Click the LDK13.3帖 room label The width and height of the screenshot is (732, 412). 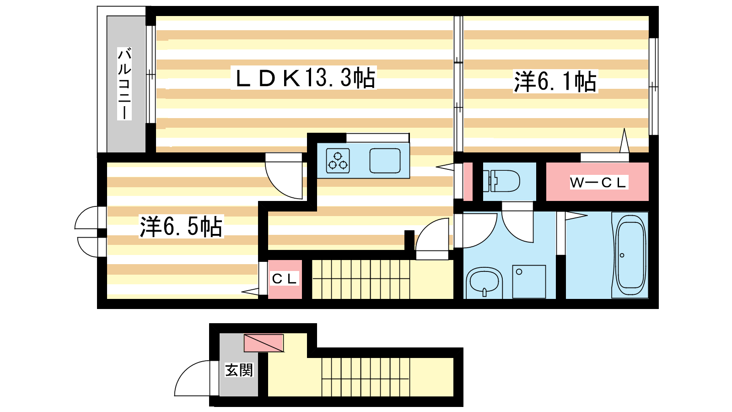click(304, 78)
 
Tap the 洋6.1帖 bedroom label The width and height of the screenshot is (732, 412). click(555, 81)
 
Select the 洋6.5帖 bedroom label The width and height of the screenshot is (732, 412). click(181, 226)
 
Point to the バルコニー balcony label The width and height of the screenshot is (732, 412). click(124, 83)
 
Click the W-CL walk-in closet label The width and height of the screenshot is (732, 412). click(598, 183)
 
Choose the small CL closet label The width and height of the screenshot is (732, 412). click(284, 279)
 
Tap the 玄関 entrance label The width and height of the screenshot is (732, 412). click(239, 370)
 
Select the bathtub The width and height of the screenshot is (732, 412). click(630, 255)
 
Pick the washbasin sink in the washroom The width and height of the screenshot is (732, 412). click(484, 282)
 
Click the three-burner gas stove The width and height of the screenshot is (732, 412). click(338, 161)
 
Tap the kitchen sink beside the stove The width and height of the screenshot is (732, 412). click(385, 161)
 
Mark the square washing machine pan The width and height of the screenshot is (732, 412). click(529, 282)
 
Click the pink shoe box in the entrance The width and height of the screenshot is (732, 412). click(264, 343)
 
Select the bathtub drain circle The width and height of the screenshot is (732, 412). click(622, 255)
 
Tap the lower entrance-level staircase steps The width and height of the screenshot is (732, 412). click(366, 377)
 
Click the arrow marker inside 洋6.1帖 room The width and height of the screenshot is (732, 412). click(624, 140)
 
